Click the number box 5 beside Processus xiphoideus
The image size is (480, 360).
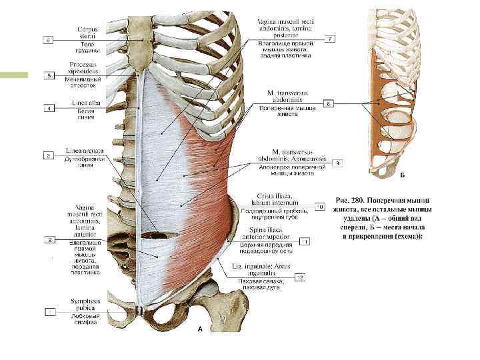49,76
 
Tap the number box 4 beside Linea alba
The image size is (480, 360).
49,108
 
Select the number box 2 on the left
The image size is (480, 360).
49,239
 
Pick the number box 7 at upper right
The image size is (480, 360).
330,39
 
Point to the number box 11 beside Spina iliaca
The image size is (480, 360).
304,241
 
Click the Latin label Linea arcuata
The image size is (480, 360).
83,151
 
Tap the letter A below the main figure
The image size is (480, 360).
197,329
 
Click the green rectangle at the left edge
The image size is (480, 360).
14,75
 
